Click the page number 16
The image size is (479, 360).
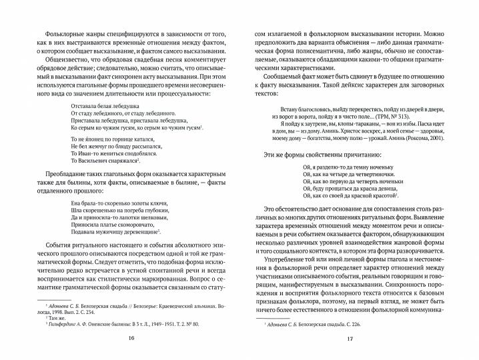[x=131, y=339]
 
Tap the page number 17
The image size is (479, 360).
[x=349, y=339]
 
